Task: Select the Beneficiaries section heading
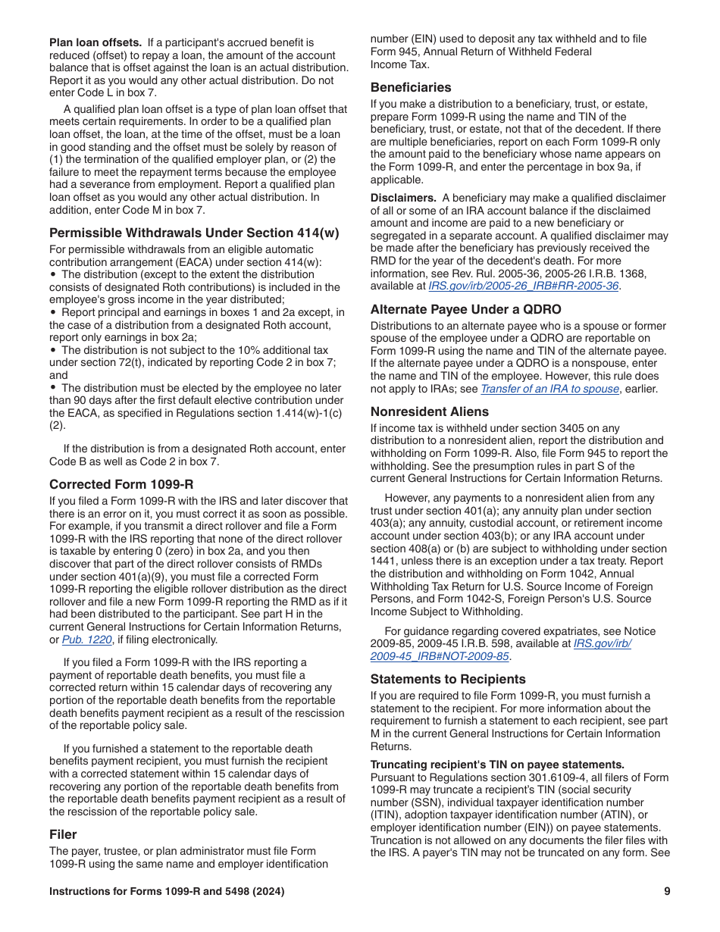(411, 87)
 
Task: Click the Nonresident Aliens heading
(430, 411)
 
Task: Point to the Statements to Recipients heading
(448, 679)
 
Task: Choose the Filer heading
(63, 834)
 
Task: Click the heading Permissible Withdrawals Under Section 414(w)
(194, 233)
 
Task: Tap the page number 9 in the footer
(667, 892)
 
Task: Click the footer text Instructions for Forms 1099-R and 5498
(167, 892)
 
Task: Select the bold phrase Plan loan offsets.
(95, 42)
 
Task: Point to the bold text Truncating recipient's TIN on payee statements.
(497, 765)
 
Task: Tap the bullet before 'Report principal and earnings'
(53, 312)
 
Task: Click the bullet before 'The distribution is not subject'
(53, 350)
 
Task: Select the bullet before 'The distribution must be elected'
(53, 388)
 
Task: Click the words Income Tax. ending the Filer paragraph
(399, 64)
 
